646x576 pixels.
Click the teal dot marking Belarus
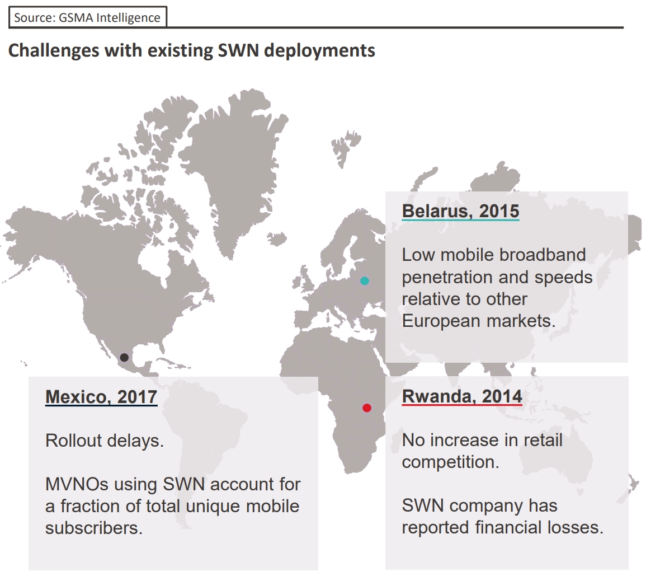pyautogui.click(x=365, y=280)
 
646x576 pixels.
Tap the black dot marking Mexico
pyautogui.click(x=124, y=357)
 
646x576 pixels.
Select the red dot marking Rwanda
pyautogui.click(x=367, y=408)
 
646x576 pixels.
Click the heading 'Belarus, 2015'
pyautogui.click(x=460, y=211)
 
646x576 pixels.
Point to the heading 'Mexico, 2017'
pyautogui.click(x=101, y=396)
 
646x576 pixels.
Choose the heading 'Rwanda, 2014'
pyautogui.click(x=462, y=396)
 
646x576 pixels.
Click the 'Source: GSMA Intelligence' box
pyautogui.click(x=87, y=17)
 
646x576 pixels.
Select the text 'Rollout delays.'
pyautogui.click(x=105, y=441)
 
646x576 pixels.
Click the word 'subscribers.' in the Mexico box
pyautogui.click(x=94, y=528)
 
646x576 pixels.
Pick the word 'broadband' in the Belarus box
pyautogui.click(x=543, y=255)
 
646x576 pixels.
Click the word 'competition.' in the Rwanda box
pyautogui.click(x=450, y=462)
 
